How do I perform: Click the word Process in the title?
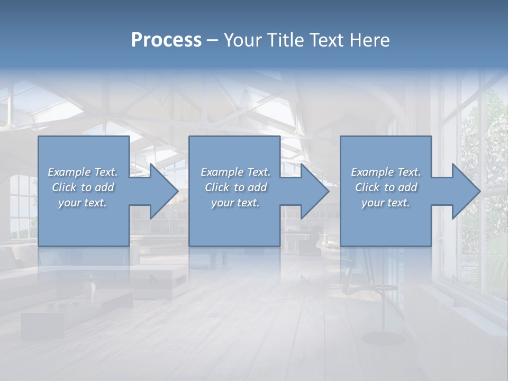(166, 40)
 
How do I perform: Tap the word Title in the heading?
(285, 40)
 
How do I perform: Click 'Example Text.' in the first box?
(83, 172)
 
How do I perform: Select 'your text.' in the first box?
(83, 203)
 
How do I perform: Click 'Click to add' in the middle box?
(235, 187)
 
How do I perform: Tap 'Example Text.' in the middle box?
(235, 172)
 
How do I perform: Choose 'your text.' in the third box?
(386, 203)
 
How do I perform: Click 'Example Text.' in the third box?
(386, 172)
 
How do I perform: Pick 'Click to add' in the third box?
(386, 187)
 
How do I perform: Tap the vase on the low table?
(92, 288)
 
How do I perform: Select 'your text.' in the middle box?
(235, 203)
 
